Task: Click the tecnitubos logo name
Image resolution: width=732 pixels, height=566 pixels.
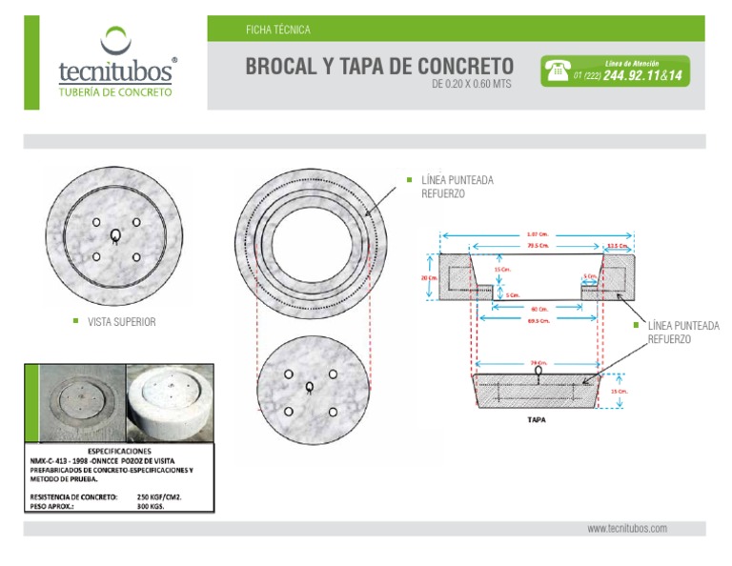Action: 114,71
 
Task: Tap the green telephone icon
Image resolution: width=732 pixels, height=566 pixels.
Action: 557,71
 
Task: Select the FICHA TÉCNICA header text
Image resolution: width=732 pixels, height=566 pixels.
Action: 277,30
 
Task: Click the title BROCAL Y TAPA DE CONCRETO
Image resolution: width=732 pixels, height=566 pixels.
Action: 379,67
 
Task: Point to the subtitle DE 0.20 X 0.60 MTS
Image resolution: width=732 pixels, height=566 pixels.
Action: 472,84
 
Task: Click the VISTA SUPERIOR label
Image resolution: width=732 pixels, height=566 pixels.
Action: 121,322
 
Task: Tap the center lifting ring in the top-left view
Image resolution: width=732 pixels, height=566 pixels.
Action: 115,236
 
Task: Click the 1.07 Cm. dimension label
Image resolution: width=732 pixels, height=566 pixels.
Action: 537,233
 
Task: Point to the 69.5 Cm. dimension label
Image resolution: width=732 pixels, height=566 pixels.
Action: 540,321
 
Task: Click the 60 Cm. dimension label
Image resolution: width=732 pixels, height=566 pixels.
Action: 539,309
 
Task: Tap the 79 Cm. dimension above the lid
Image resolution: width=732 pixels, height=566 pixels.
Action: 539,363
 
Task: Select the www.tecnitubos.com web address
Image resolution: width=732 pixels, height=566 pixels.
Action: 626,528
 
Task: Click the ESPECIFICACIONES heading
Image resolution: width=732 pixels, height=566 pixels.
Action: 120,450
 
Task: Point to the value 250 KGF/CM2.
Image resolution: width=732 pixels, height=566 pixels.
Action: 159,496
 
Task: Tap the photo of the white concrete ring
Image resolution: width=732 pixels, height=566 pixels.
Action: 169,400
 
